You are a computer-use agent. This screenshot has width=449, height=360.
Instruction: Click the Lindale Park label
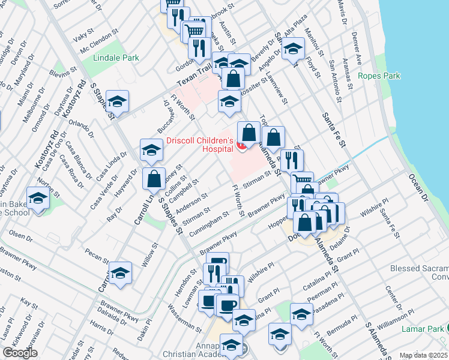coord(116,58)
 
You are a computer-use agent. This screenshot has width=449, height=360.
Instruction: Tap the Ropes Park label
coord(379,76)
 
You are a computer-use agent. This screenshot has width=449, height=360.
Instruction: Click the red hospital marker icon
coord(241,145)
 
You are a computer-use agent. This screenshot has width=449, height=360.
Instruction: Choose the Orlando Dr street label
coord(81,127)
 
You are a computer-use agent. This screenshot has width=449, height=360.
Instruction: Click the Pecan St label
coord(95,256)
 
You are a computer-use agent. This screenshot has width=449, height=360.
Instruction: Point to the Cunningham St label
coord(209,225)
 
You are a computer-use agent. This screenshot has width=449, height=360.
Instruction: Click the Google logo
coord(20,353)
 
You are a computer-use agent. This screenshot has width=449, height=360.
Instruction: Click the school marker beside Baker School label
coord(38,200)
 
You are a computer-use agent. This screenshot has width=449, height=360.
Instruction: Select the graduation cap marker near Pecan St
coord(120,272)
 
